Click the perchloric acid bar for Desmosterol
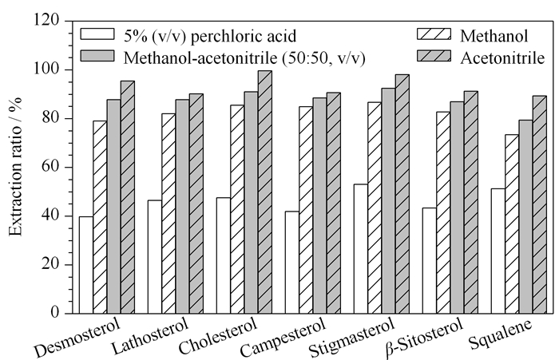point(86,265)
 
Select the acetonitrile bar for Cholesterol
point(265,192)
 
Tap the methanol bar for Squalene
point(512,224)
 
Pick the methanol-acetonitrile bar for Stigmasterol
point(388,200)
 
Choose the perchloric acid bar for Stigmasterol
point(361,249)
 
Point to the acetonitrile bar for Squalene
point(539,204)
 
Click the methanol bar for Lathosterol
point(168,213)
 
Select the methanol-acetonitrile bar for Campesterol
point(319,206)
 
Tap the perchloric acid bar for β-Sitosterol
point(430,260)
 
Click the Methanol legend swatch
point(434,34)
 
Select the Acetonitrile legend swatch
point(434,56)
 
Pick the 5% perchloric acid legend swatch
point(97,34)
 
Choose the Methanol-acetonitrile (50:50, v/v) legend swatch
point(97,56)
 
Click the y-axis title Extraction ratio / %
point(15,167)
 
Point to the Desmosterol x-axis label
point(77,337)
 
